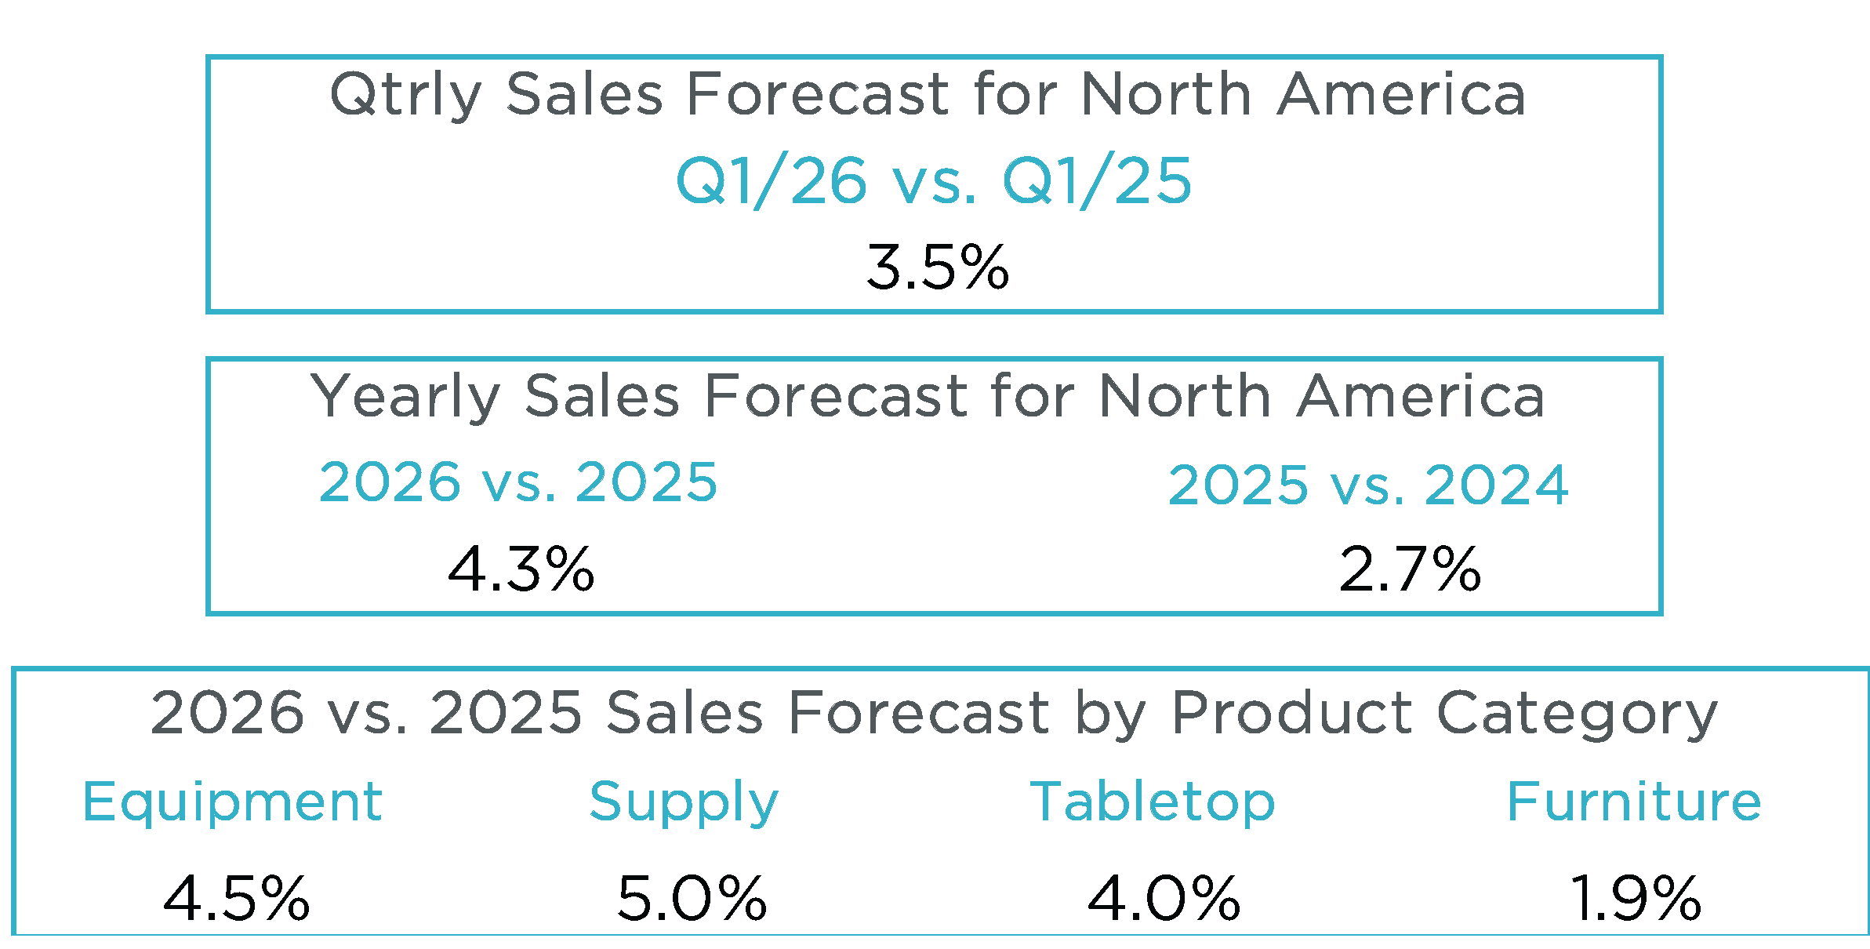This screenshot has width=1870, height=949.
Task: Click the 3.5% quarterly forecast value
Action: (x=937, y=267)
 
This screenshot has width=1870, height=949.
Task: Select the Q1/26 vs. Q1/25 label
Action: (x=933, y=181)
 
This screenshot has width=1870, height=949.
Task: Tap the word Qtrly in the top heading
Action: (x=405, y=96)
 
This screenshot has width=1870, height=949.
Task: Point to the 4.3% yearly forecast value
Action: (x=521, y=569)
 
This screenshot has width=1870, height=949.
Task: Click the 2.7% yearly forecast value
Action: (x=1410, y=569)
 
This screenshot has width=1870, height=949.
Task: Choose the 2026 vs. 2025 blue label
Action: (x=518, y=482)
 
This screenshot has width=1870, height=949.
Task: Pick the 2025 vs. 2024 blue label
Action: (x=1368, y=485)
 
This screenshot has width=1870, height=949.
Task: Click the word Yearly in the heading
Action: (x=405, y=397)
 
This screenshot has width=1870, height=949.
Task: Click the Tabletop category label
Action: (x=1153, y=802)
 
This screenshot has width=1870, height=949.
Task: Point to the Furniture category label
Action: (x=1634, y=802)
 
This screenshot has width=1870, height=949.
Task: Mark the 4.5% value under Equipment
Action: (x=236, y=898)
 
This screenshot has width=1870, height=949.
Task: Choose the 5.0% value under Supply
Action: (x=692, y=898)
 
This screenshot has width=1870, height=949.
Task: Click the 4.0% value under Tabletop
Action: (x=1164, y=898)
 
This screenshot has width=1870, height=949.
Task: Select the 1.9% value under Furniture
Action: (x=1636, y=898)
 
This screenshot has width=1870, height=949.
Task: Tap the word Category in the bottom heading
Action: (x=1577, y=714)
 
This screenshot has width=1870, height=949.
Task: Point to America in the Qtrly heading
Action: (x=1401, y=94)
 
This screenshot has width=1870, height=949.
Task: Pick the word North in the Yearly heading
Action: (x=1185, y=396)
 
